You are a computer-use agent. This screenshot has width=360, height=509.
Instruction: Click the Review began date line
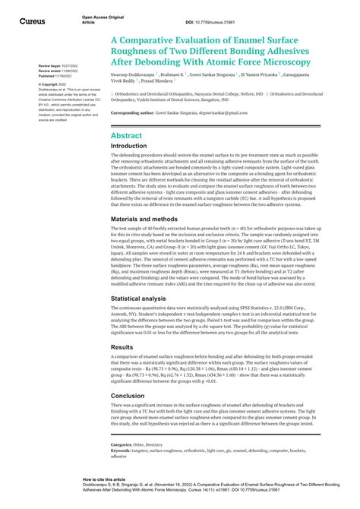point(57,66)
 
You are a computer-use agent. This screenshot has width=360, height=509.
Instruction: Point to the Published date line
point(56,76)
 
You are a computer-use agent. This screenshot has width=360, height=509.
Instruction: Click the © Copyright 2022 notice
point(54,84)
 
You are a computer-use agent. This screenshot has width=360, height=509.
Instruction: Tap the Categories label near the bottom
point(122,444)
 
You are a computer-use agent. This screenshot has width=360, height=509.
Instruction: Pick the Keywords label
point(121,451)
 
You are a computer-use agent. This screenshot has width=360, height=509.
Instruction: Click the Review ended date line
point(57,71)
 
